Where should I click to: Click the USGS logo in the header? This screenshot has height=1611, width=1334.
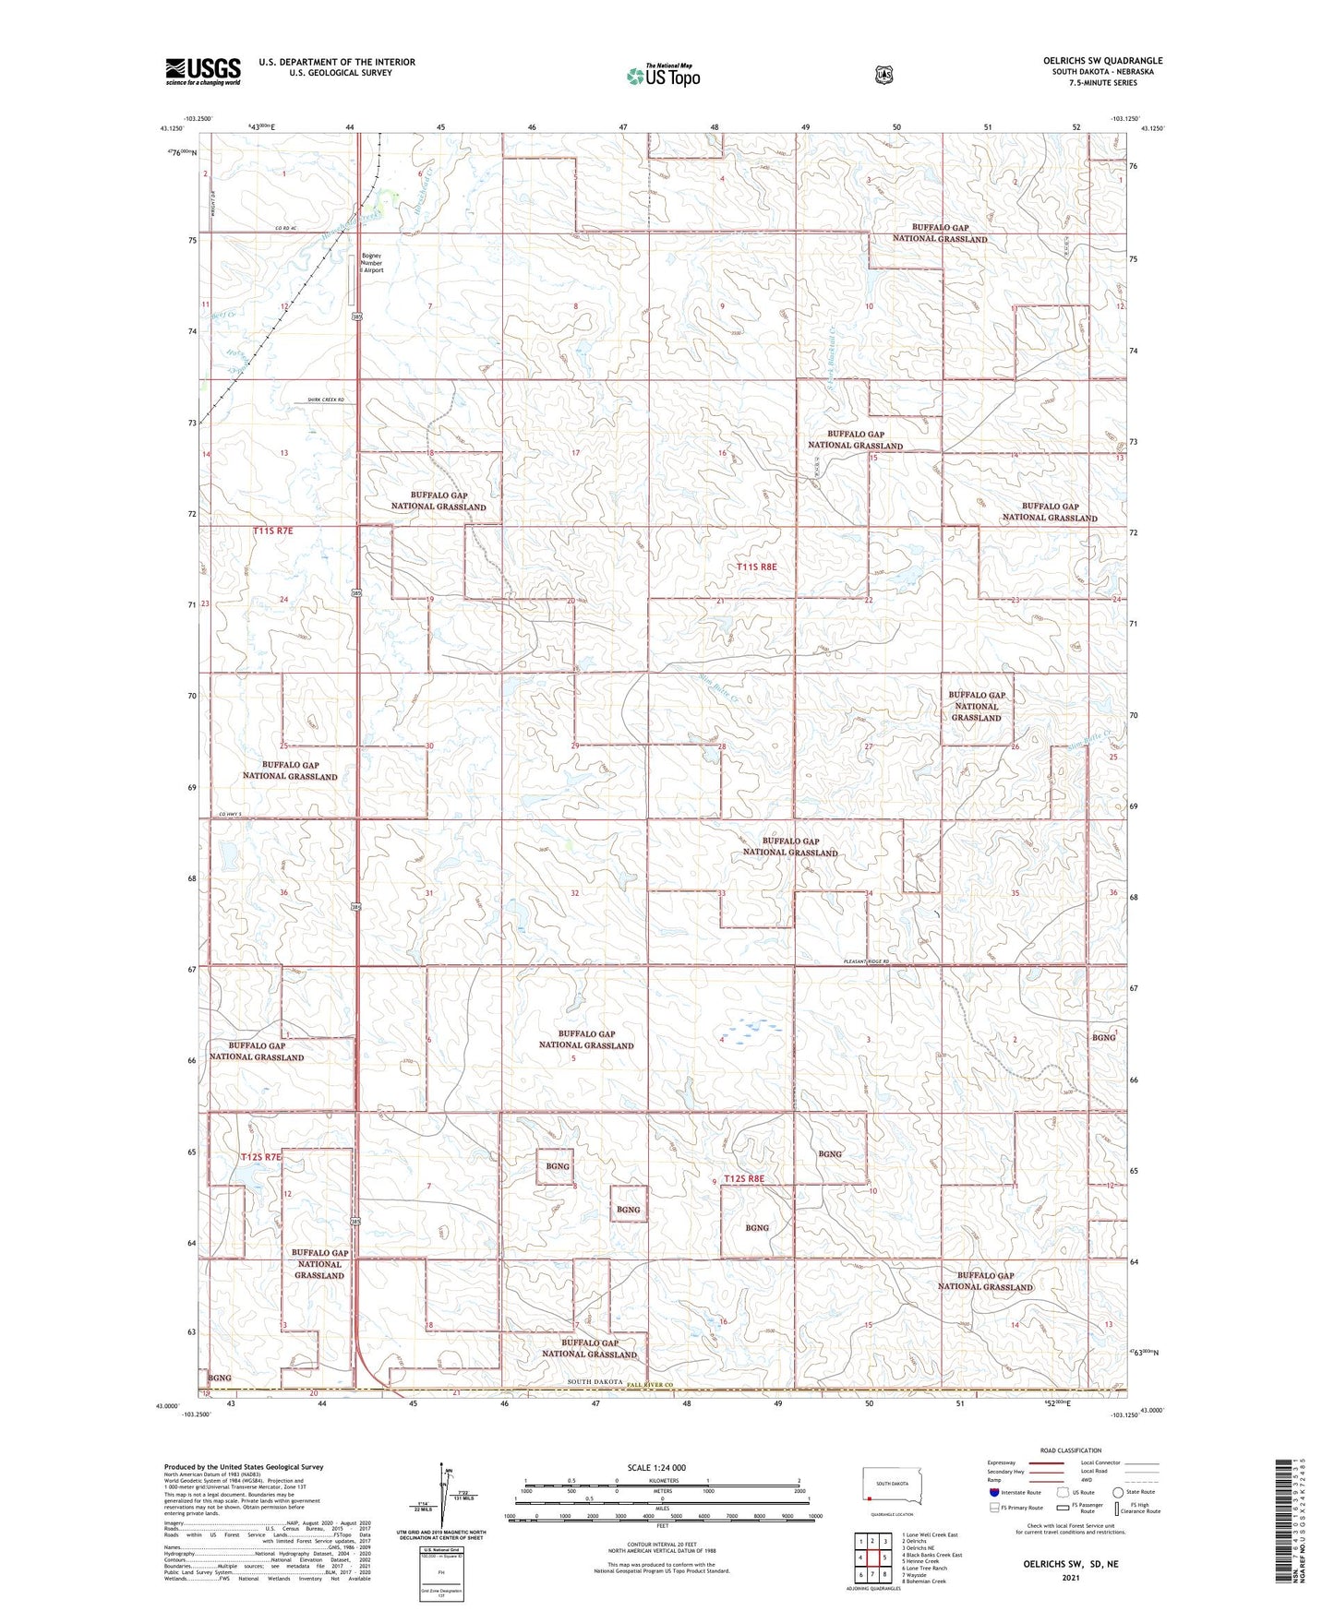pos(203,71)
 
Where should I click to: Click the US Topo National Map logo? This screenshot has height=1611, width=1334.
pos(662,75)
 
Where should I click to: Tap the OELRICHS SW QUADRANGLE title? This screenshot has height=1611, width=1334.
pos(1096,61)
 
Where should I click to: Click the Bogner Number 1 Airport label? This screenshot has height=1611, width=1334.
pos(372,263)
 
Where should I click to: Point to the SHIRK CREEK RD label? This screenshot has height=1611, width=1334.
pos(325,400)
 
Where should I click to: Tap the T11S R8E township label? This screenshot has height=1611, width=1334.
pos(763,567)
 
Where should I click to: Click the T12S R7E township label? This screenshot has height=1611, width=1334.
pos(261,1157)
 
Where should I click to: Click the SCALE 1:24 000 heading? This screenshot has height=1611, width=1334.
pos(656,1468)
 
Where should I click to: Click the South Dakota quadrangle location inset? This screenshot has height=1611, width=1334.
pos(891,1486)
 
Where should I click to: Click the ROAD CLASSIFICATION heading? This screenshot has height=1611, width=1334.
pos(1070,1450)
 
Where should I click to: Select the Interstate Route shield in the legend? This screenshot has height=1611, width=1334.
pos(994,1492)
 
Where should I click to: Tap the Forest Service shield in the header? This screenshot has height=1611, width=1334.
pos(884,75)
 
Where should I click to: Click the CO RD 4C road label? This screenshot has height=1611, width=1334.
pos(286,229)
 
